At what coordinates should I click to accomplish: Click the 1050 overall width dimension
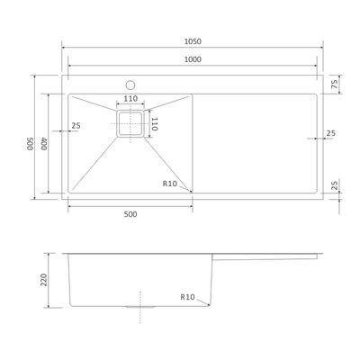(193, 41)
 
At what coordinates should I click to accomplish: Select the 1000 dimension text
(193, 59)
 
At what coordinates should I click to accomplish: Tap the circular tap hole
(130, 85)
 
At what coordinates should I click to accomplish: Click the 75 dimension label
(335, 84)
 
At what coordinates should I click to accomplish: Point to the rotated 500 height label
(30, 144)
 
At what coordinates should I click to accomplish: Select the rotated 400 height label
(44, 144)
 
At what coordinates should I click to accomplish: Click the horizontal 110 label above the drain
(130, 98)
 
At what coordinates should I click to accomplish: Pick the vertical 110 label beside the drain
(154, 124)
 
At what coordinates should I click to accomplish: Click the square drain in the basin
(130, 123)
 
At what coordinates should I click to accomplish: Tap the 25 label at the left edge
(76, 125)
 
